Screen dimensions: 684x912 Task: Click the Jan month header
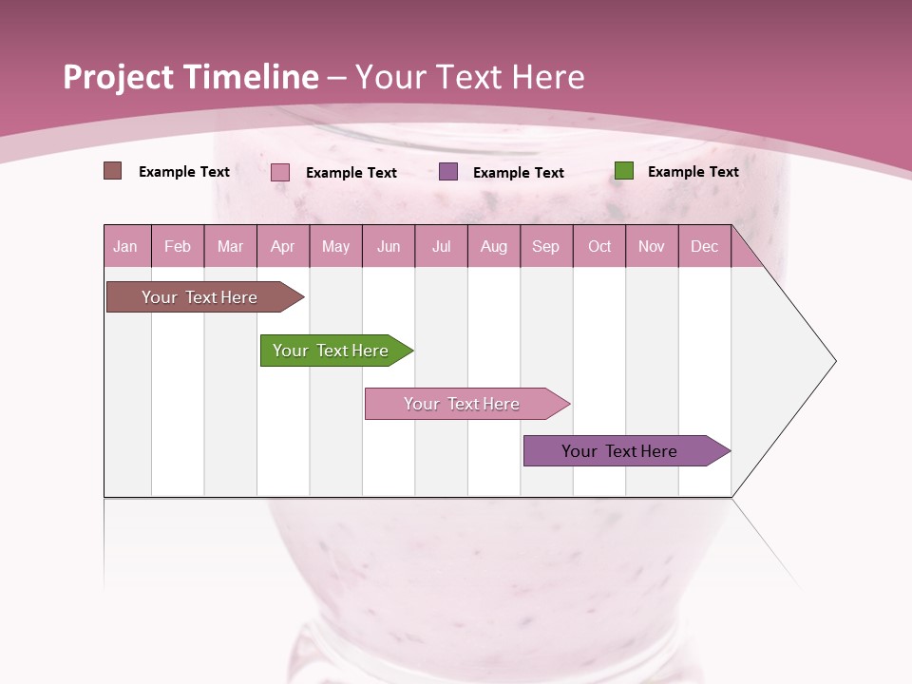point(125,246)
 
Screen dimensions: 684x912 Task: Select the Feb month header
point(178,246)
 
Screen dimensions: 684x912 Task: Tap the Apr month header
point(282,246)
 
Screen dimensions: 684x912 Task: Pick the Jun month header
point(389,246)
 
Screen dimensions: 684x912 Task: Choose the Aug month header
point(493,246)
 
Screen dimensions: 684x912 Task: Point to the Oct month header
point(599,246)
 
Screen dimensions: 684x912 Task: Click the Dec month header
point(704,246)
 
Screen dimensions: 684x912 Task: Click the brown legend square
point(112,171)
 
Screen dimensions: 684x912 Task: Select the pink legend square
point(280,172)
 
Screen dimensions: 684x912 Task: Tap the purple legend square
point(448,171)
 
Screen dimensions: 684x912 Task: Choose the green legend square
point(623,171)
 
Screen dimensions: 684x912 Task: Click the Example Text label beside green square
point(693,172)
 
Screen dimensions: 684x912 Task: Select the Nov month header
point(652,246)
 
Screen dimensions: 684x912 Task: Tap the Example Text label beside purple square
point(518,173)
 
